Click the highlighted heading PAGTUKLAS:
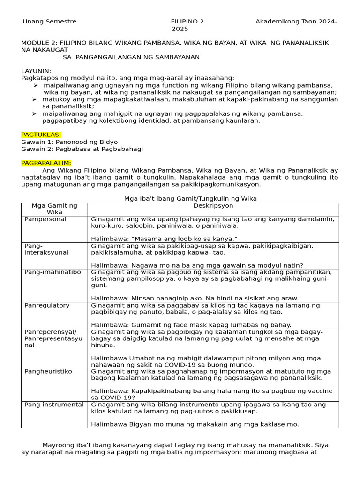click(41, 135)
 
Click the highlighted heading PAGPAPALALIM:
click(46, 163)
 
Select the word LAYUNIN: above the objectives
click(36, 71)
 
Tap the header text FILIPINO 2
click(187, 22)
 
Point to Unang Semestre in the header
click(50, 22)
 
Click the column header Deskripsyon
click(213, 206)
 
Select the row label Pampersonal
click(45, 219)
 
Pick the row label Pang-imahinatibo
click(52, 272)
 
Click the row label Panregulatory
click(47, 305)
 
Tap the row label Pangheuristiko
click(48, 371)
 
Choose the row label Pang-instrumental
click(54, 405)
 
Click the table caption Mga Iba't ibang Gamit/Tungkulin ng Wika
click(190, 199)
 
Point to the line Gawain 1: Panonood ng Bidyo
click(69, 142)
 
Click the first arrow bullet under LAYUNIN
click(36, 85)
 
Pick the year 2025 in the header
click(180, 29)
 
